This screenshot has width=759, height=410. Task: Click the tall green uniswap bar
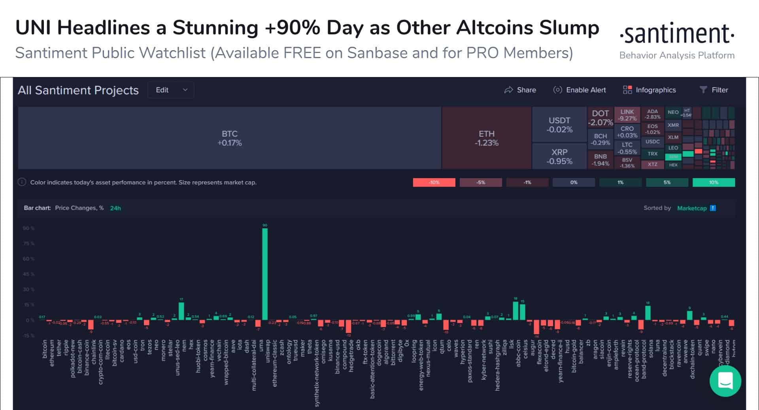(265, 274)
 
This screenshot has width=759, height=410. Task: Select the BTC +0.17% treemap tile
(229, 138)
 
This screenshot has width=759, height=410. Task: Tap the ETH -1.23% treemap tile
(486, 138)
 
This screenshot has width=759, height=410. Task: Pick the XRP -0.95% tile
(559, 156)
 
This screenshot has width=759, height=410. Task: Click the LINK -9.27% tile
(627, 115)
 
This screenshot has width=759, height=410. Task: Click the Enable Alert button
(580, 90)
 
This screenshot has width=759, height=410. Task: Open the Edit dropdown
(171, 90)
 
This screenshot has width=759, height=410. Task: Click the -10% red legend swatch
(434, 182)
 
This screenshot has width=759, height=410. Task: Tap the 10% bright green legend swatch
(714, 182)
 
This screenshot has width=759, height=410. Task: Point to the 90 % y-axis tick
(28, 228)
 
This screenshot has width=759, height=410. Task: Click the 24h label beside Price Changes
(115, 208)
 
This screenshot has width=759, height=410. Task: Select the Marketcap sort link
(692, 208)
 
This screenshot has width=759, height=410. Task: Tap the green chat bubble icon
(725, 381)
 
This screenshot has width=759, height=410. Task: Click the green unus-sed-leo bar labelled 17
(181, 311)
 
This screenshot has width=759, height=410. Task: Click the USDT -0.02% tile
(559, 125)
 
